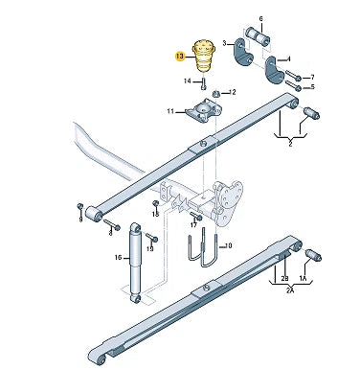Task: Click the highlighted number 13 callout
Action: (x=180, y=57)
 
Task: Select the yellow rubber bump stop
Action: (x=204, y=56)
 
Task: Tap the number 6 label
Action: (x=260, y=19)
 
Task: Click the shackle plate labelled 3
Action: (x=242, y=53)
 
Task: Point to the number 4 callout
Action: (x=289, y=59)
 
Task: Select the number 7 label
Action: (x=312, y=77)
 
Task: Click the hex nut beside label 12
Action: (x=216, y=94)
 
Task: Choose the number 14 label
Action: (x=188, y=81)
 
